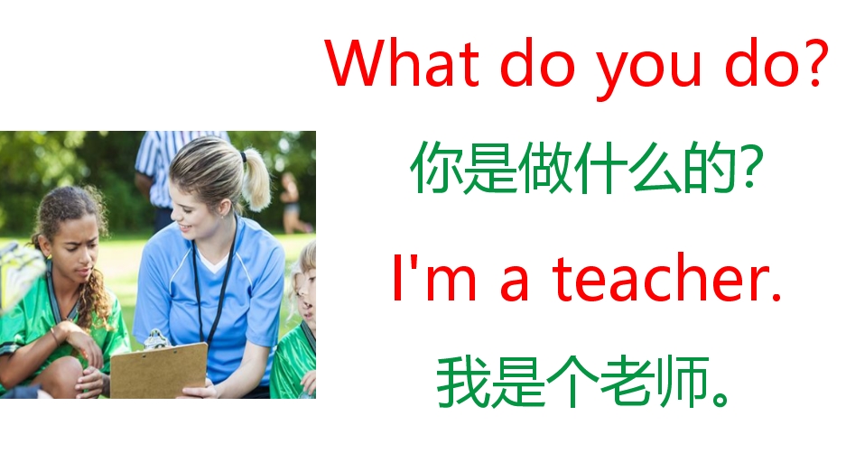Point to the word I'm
pos(427,277)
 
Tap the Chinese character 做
pos(544,171)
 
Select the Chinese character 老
pos(623,383)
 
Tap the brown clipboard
pos(158,371)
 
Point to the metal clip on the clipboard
pos(155,339)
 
